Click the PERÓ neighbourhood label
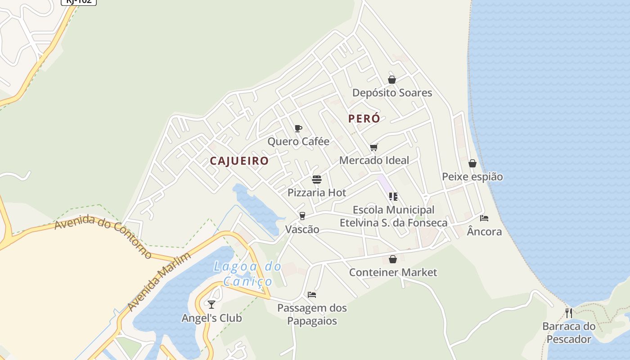coord(364,119)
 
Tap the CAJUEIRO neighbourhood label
coord(239,161)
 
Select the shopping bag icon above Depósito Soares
coord(392,80)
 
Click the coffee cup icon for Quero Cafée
coord(298,129)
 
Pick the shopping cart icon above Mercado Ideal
coord(373,147)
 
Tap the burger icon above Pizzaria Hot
coord(317,180)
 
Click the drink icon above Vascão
coord(302,216)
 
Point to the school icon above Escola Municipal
coord(393,197)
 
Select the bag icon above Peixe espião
coord(472,163)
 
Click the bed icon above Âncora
coord(484,218)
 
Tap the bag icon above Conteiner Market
coord(393,259)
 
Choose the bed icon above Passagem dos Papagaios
coord(312,295)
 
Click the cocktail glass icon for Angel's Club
coord(211,305)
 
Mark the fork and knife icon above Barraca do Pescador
coord(569,313)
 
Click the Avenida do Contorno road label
coord(103,236)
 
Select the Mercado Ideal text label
coord(374,160)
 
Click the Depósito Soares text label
coord(392,93)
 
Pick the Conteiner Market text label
coord(393,272)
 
